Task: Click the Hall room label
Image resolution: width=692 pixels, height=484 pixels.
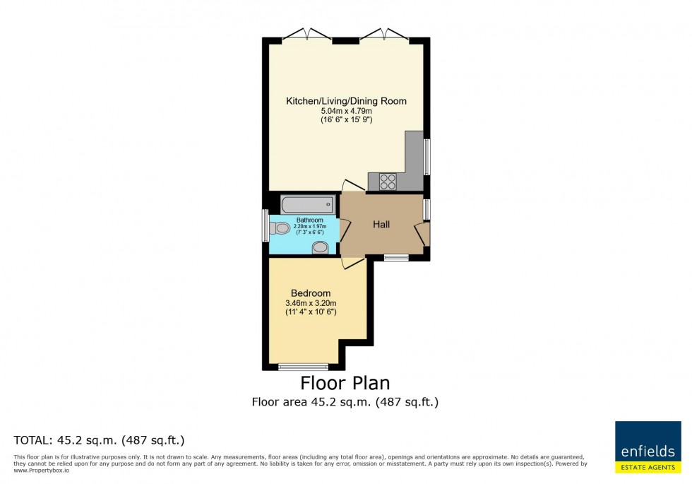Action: click(x=381, y=225)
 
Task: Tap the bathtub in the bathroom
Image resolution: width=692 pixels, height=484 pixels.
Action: click(x=308, y=205)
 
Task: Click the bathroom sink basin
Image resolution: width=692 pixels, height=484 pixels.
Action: click(x=321, y=248)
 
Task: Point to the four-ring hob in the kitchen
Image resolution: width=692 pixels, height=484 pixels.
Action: click(x=388, y=182)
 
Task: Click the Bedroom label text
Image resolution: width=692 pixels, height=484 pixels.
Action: click(x=311, y=293)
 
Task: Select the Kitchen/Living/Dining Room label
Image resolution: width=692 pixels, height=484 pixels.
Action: click(x=346, y=101)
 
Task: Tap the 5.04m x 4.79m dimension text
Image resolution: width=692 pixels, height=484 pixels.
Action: click(x=347, y=111)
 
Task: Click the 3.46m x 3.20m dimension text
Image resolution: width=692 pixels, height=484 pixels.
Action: click(x=311, y=303)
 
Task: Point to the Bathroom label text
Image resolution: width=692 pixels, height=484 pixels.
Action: click(x=310, y=220)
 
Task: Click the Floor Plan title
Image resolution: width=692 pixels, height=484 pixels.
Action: click(x=345, y=383)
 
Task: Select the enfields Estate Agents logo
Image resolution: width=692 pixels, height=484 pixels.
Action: click(x=648, y=447)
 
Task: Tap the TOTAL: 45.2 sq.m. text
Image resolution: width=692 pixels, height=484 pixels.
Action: click(x=99, y=440)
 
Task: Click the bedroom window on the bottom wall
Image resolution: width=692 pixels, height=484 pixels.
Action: click(x=303, y=367)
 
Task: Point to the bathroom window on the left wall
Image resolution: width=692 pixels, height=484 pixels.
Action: click(x=266, y=225)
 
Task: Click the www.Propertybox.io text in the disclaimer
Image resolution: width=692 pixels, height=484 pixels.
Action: click(x=42, y=471)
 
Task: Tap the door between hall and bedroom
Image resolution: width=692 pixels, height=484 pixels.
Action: click(x=353, y=262)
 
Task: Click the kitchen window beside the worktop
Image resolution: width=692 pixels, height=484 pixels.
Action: click(x=426, y=157)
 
